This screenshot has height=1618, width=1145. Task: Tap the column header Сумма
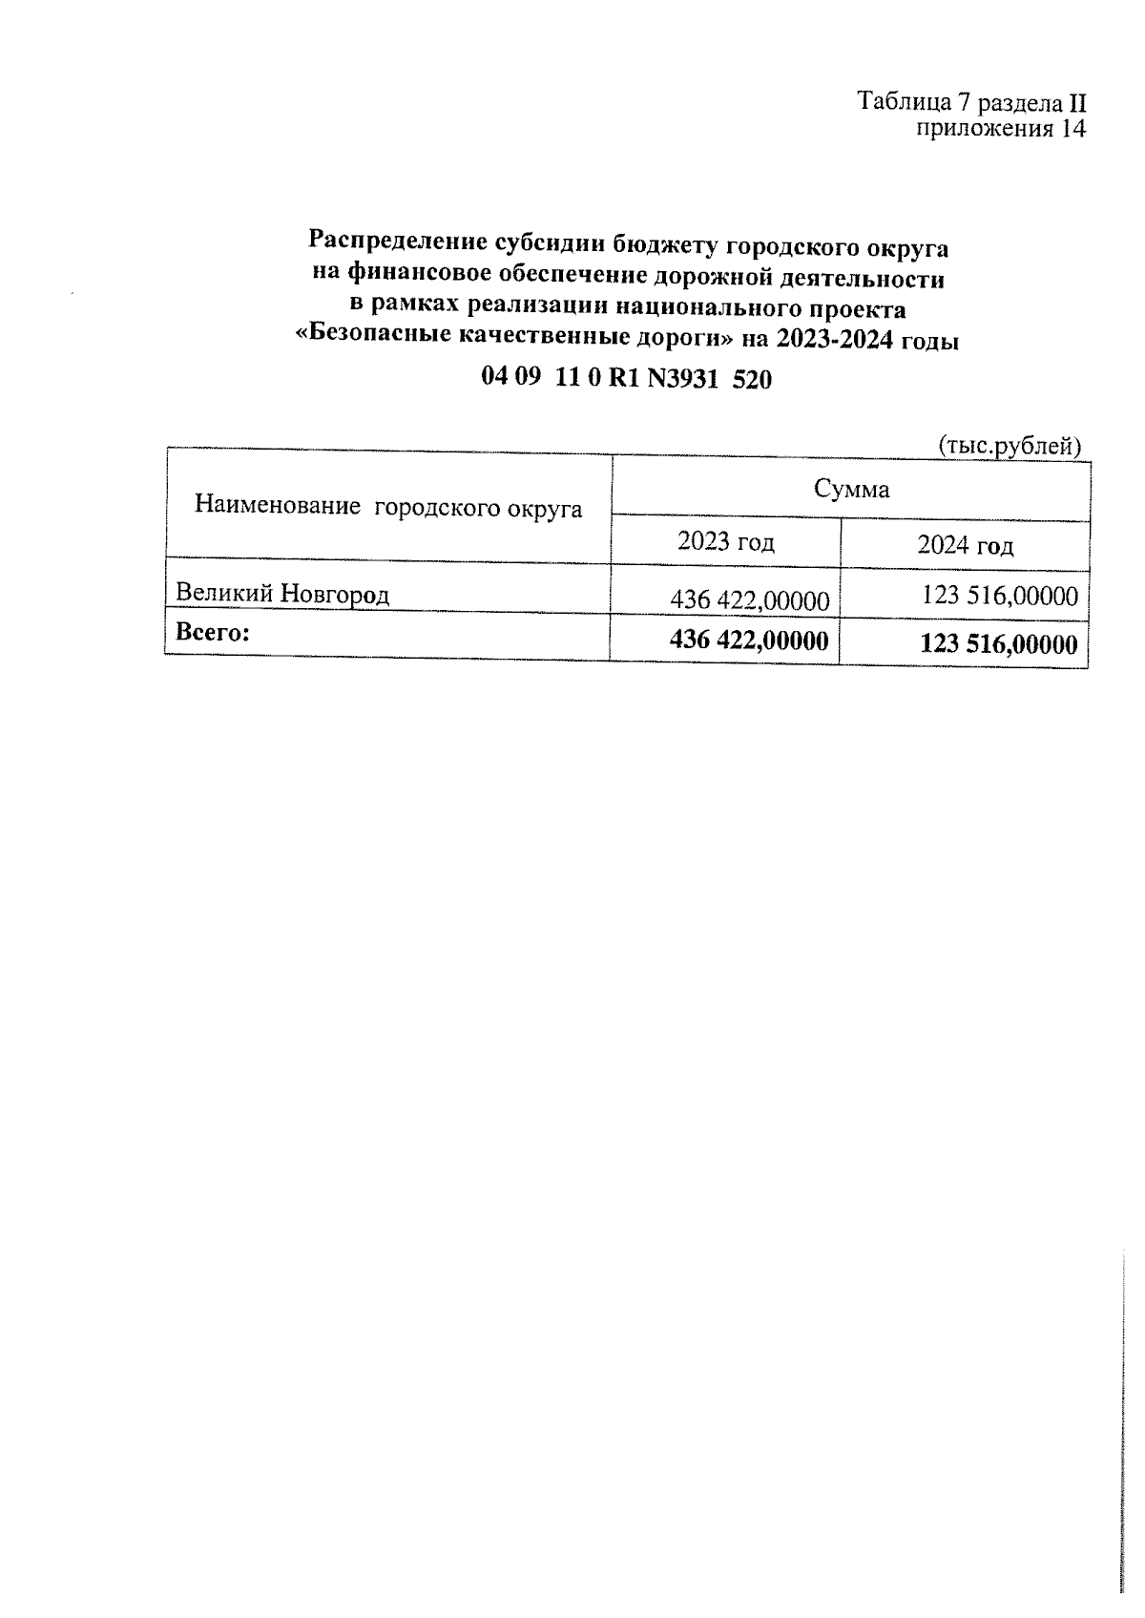click(851, 490)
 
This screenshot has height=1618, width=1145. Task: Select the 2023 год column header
click(725, 542)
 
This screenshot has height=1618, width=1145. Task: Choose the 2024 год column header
click(965, 545)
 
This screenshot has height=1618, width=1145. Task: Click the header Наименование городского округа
click(388, 507)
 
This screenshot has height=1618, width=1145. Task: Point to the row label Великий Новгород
click(282, 594)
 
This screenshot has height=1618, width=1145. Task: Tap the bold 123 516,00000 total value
click(998, 643)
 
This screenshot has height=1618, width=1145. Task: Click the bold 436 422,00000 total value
click(749, 639)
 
